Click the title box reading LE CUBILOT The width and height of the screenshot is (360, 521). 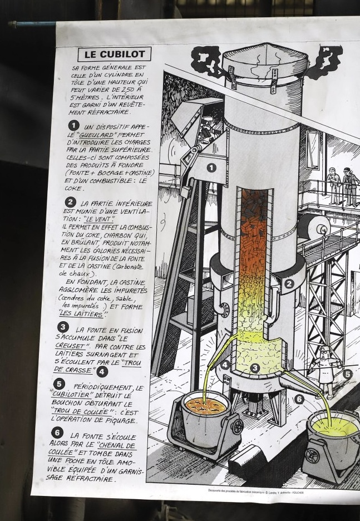115,54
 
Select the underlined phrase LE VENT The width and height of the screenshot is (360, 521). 99,219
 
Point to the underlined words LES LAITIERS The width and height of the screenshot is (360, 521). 82,314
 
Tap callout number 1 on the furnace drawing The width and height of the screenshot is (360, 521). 211,168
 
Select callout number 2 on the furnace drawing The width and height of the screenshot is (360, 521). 289,284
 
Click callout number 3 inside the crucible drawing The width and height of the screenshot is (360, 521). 255,368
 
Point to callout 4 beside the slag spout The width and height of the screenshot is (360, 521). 225,365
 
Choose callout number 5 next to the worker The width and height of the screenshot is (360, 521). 347,374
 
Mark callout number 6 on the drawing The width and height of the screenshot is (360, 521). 299,399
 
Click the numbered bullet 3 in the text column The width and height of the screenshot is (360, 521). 63,327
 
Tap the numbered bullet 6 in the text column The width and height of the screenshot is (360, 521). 57,432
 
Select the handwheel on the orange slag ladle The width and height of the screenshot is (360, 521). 238,426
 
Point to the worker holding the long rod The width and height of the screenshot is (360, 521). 326,371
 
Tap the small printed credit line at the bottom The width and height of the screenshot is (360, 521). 256,491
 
